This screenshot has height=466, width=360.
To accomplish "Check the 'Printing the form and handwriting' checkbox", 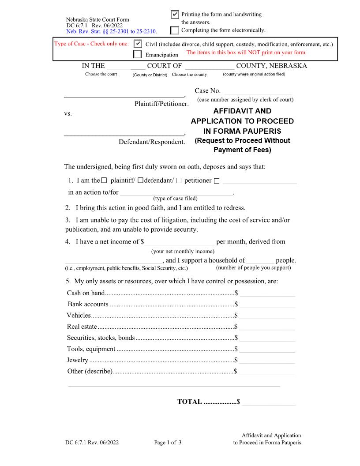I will click(x=175, y=15).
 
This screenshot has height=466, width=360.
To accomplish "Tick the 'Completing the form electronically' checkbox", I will click(x=175, y=30).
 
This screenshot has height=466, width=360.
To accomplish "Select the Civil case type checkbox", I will click(x=138, y=44).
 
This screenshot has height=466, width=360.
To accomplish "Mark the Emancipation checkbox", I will click(x=138, y=55).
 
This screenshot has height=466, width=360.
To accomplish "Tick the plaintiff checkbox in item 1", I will click(x=104, y=180).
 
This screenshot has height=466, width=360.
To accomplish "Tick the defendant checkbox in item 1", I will click(x=140, y=180).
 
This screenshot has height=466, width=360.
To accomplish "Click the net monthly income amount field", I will click(x=180, y=241).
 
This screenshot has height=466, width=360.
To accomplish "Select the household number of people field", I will click(x=260, y=260).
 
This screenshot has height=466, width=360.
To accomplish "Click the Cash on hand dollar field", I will click(x=267, y=293).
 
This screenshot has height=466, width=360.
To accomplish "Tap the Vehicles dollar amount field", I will click(x=267, y=315).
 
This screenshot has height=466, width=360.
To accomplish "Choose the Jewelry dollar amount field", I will click(x=267, y=360).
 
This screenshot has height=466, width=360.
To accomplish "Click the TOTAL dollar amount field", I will click(x=268, y=402).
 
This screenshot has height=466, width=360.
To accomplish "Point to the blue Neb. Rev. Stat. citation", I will click(x=111, y=32).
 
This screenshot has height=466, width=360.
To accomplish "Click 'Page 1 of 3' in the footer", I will click(x=168, y=443).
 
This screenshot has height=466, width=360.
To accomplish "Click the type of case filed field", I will click(x=176, y=192).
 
